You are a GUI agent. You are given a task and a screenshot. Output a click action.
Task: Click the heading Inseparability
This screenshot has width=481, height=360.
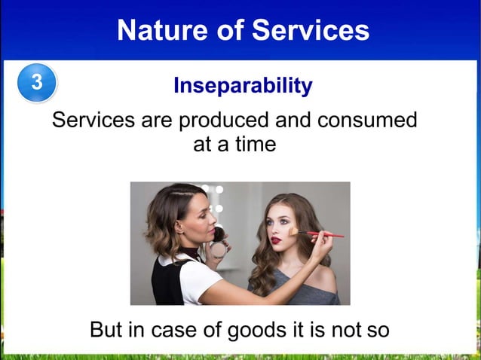click(243, 86)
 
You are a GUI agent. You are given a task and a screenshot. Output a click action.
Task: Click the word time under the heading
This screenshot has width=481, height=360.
click(253, 144)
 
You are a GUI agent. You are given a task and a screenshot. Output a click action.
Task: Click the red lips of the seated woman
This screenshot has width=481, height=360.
click(277, 241)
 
